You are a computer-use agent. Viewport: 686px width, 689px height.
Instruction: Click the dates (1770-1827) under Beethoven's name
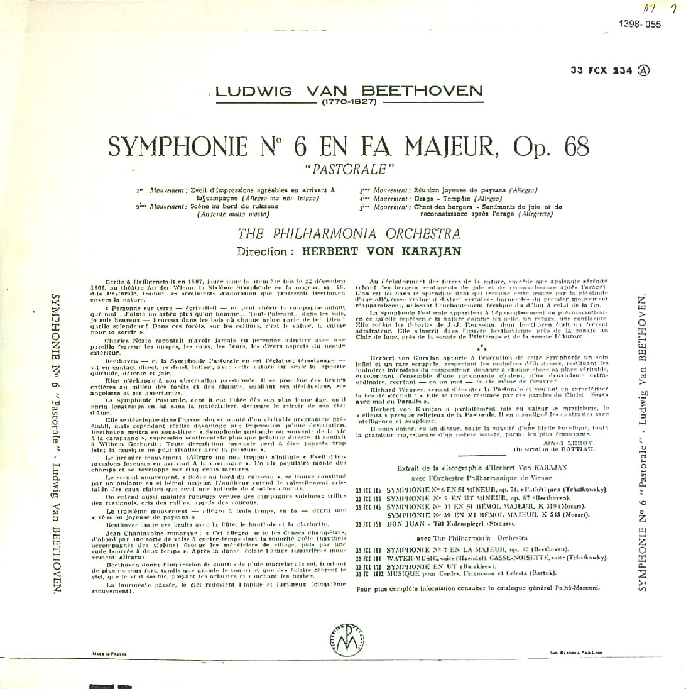point(348,101)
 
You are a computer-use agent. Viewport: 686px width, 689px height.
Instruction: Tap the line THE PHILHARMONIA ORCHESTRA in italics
point(349,234)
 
